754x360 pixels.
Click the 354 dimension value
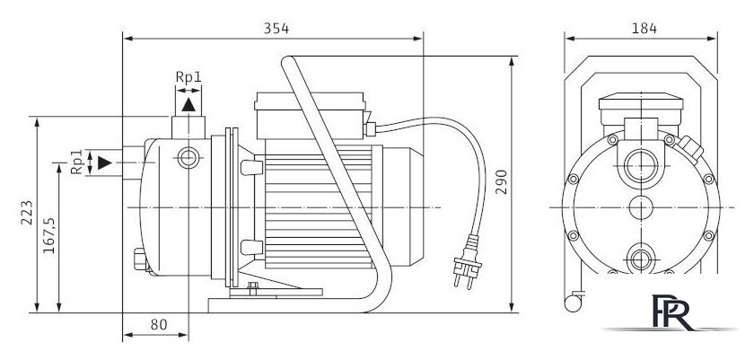pos(276,29)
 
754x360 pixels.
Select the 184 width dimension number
pos(644,29)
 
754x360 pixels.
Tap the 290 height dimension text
pos(502,181)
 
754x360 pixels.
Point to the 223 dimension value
pos(27,213)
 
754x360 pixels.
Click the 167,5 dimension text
pos(49,235)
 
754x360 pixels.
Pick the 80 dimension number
pos(159,325)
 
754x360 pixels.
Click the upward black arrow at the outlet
pos(188,105)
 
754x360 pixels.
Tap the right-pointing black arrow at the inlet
pos(105,162)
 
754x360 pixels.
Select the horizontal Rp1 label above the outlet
pos(188,77)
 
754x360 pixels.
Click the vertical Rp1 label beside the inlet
pos(77,162)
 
